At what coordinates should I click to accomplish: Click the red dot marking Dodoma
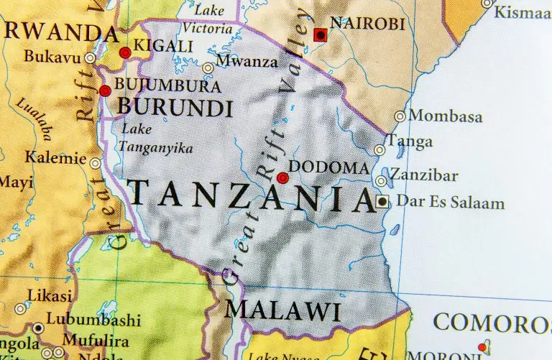282,177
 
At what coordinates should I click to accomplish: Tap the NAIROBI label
367,24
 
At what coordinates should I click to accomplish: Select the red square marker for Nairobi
321,34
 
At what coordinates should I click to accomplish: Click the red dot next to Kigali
125,52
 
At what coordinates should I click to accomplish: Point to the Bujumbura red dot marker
105,91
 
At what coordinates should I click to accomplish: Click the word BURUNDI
175,109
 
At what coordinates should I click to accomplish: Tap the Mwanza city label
246,62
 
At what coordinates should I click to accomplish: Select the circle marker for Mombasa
400,116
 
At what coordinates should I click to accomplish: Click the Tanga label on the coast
410,142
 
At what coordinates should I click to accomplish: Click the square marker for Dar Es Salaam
382,202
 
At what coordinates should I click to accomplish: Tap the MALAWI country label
282,311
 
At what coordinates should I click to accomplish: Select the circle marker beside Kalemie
96,164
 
